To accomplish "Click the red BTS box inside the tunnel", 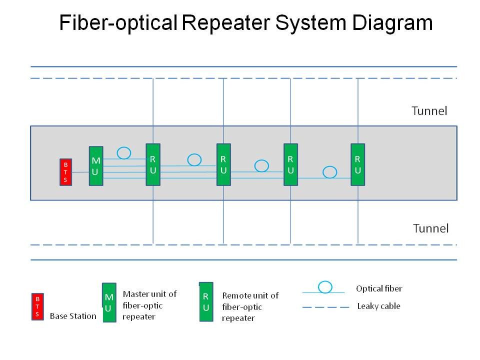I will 65,172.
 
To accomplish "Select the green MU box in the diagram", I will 96,166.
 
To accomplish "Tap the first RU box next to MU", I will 153,164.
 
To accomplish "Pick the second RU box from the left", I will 223,164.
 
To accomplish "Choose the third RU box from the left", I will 290,164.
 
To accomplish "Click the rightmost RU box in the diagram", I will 358,164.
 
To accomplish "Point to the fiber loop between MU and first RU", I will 124,152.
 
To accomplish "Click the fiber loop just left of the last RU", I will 329,172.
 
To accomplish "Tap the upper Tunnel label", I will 429,111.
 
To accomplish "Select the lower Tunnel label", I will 430,228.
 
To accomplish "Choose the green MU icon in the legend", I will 109,303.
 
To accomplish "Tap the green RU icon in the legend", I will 206,301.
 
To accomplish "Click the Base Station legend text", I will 73,316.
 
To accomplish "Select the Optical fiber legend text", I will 379,288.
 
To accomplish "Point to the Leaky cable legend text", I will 378,306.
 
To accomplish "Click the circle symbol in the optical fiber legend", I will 325,287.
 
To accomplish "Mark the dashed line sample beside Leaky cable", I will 325,307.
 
